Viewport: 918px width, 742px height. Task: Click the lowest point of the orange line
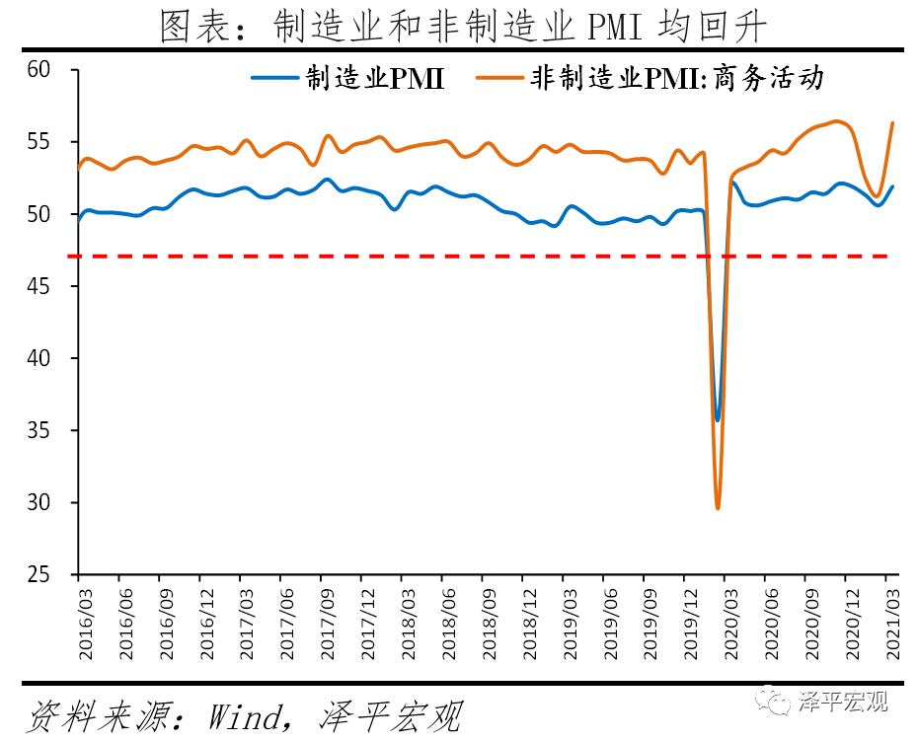click(718, 508)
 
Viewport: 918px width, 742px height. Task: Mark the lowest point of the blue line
click(718, 419)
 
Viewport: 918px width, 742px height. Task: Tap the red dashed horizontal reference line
click(395, 257)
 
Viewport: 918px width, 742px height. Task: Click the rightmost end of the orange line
click(892, 123)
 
